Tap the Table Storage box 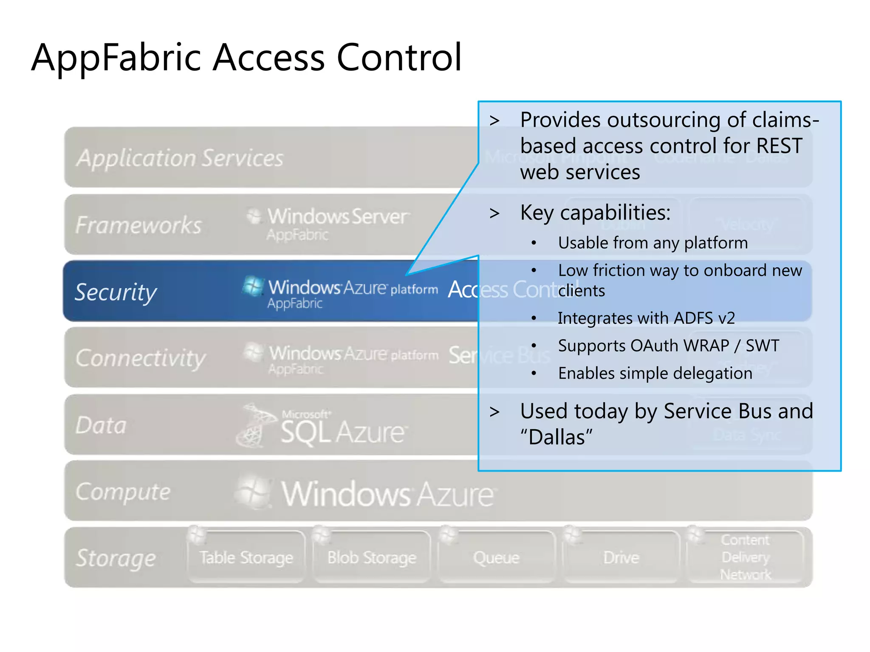(246, 557)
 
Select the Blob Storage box (372, 557)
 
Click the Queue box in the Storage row (496, 557)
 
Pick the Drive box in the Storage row (621, 557)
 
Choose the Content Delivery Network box (746, 557)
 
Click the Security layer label (116, 292)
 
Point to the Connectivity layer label (140, 358)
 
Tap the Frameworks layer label (138, 225)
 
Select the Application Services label (180, 158)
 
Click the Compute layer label (123, 492)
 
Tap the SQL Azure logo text (342, 432)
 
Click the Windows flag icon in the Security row (253, 286)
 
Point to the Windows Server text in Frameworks (338, 216)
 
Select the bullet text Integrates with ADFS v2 (646, 318)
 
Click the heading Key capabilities (595, 212)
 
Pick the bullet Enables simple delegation (655, 374)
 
